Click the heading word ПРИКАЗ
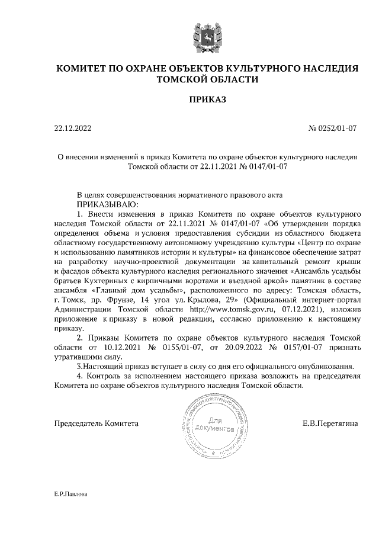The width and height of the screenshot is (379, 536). (x=207, y=101)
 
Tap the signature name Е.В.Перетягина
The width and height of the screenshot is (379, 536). (x=329, y=423)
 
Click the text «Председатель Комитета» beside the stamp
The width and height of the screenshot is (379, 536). (x=97, y=423)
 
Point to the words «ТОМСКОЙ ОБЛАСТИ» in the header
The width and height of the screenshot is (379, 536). (x=207, y=79)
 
